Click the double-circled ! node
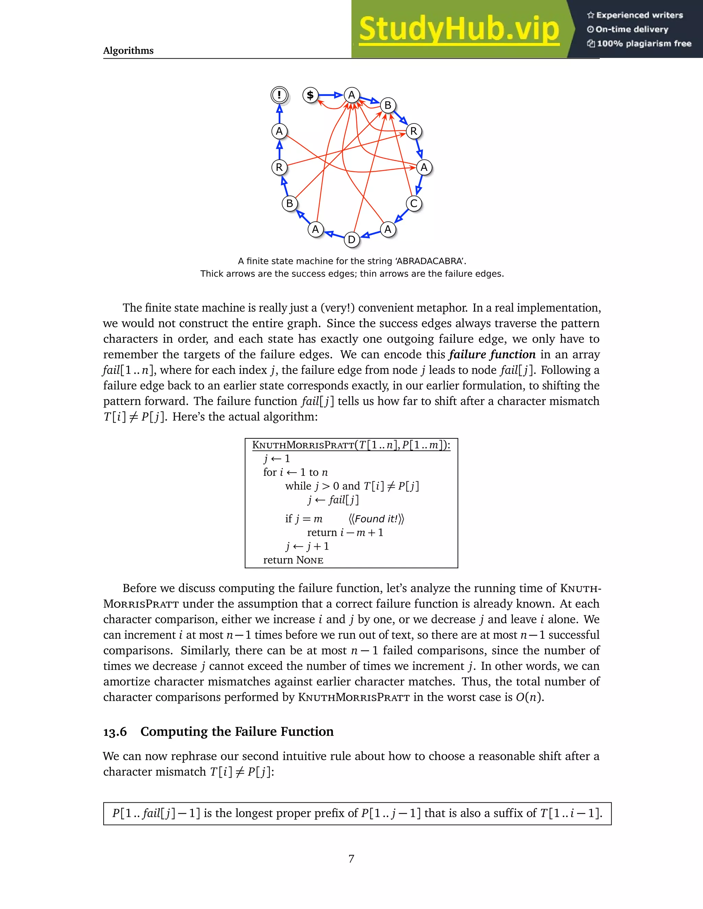(x=279, y=95)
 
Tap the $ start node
(x=310, y=95)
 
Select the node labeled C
(x=414, y=203)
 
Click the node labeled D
(x=351, y=239)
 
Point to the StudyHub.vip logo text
(x=459, y=29)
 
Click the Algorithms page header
(x=128, y=50)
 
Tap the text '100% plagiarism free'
(x=644, y=43)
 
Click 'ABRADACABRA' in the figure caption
(x=430, y=261)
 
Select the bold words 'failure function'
(x=492, y=354)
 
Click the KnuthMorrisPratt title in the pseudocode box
(x=303, y=445)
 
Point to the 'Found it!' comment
(x=376, y=519)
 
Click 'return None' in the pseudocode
(x=293, y=560)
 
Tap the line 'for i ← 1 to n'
(x=295, y=472)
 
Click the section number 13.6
(x=115, y=731)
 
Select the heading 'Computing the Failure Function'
(x=237, y=731)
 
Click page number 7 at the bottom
(x=351, y=858)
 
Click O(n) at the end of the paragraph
(x=529, y=697)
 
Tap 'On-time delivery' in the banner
(x=631, y=29)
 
